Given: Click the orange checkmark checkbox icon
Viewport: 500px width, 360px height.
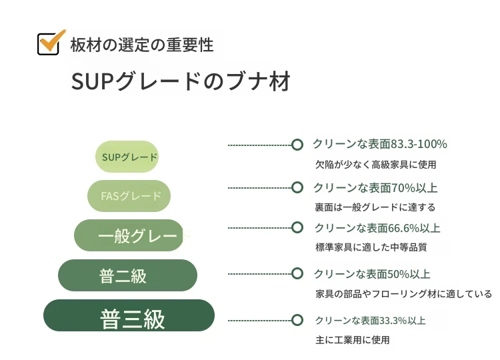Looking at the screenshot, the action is pos(51,42).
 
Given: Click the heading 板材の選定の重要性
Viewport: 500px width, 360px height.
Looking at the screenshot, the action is pos(141,45).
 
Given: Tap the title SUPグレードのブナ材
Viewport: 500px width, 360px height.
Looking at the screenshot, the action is pos(181,81).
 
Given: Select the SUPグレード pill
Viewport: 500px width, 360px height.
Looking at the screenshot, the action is pos(127,157).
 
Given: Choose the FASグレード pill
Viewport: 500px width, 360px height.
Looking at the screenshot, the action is pos(129,196).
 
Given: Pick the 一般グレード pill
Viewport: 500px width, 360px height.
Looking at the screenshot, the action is pos(129,235).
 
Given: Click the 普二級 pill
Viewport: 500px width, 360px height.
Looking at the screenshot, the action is pos(127,275).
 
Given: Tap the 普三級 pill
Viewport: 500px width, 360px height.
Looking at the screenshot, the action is pos(129,315).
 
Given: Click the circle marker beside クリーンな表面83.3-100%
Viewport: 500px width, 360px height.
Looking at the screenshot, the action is pos(297,145).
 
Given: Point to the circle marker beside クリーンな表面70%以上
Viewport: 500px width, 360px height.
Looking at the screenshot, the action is pos(297,187).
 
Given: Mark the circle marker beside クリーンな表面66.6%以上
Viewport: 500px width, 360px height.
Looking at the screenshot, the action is pos(297,228).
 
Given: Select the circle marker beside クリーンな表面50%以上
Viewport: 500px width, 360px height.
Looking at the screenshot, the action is pos(297,273).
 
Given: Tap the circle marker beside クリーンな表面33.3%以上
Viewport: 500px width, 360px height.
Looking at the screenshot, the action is pos(297,320).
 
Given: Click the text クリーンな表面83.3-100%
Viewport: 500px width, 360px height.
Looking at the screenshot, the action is pos(380,144).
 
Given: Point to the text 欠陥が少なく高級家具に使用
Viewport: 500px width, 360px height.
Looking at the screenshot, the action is pos(375,165).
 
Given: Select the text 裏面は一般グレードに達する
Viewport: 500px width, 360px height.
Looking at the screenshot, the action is pos(375,207).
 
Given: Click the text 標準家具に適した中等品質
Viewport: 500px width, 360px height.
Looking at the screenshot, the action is pos(371,247).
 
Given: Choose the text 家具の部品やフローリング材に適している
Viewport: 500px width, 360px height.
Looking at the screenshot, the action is pos(404,294).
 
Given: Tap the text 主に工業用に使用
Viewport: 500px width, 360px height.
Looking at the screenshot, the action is pos(353,340).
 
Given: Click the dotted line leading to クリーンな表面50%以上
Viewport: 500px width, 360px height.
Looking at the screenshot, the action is pos(259,273).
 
